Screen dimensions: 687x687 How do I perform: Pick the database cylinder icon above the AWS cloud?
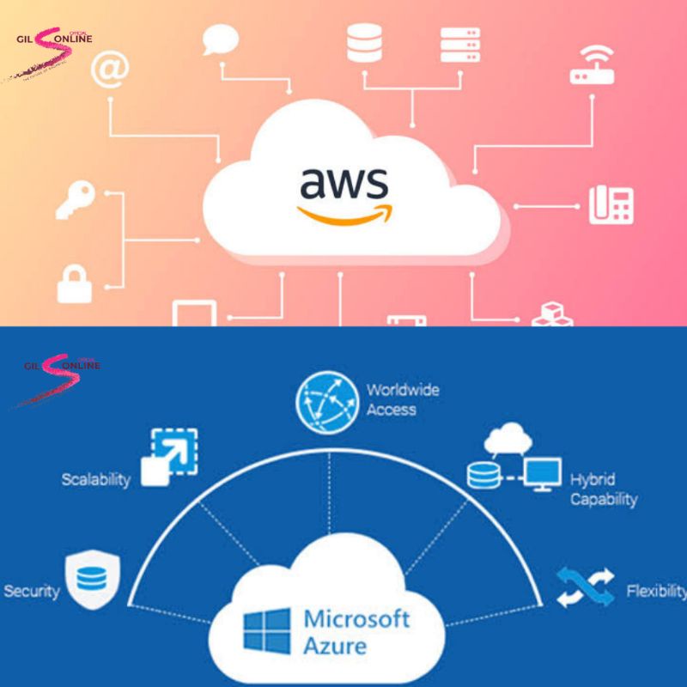coord(364,43)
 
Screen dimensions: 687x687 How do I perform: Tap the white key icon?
coord(73,200)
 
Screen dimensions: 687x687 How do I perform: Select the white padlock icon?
coord(75,283)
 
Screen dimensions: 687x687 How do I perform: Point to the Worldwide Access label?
coord(402,399)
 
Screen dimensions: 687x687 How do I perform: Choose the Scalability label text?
coord(95,479)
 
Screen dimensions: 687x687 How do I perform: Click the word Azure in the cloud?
coord(336,646)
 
